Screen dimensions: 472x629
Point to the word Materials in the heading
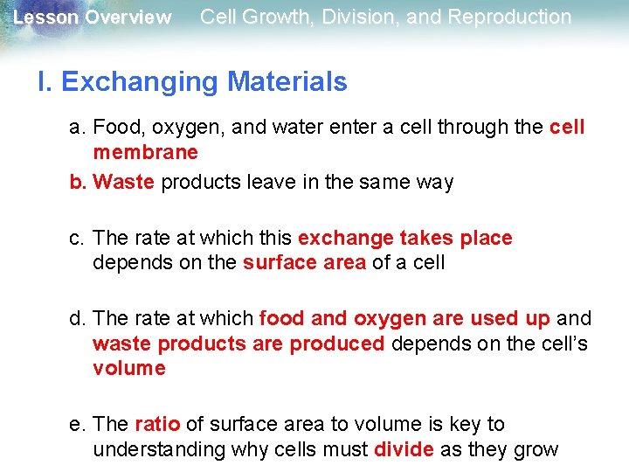click(287, 82)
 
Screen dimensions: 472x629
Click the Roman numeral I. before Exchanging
click(45, 82)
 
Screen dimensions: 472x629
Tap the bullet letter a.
click(78, 128)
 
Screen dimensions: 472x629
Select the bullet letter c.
click(78, 239)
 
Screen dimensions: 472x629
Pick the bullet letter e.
click(78, 425)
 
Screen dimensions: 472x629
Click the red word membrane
click(145, 153)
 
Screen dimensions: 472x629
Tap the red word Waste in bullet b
click(123, 183)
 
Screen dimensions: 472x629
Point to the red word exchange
click(345, 239)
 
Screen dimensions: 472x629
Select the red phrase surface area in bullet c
click(304, 263)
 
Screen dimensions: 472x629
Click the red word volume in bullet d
click(128, 369)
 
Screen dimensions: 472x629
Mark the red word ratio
click(157, 425)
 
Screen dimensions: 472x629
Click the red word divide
click(404, 450)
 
